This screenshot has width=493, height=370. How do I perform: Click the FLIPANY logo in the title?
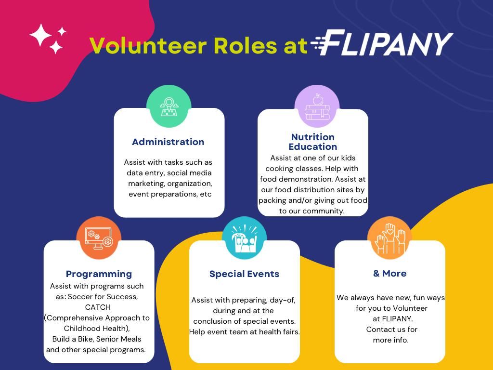[x=382, y=43]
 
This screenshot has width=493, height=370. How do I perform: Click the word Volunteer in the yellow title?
[x=148, y=46]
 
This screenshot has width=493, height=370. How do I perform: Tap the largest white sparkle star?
[x=40, y=35]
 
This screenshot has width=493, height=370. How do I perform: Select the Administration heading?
[x=168, y=142]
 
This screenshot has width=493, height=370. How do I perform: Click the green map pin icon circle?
[x=169, y=106]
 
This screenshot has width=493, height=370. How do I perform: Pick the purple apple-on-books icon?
[x=317, y=106]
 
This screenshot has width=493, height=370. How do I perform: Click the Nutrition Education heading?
[x=313, y=142]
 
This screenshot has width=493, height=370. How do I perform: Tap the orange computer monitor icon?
[x=99, y=238]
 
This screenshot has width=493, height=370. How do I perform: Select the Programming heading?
[x=99, y=274]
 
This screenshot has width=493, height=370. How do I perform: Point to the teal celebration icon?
[x=244, y=238]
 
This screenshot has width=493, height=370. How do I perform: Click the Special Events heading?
[x=244, y=274]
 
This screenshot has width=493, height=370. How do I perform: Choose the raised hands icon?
[x=390, y=238]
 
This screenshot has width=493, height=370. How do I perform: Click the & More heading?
[x=390, y=274]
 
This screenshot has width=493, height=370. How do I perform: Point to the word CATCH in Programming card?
[x=98, y=307]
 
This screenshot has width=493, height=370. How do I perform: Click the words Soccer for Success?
[x=103, y=297]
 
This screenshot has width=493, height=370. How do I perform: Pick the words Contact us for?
[x=392, y=330]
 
